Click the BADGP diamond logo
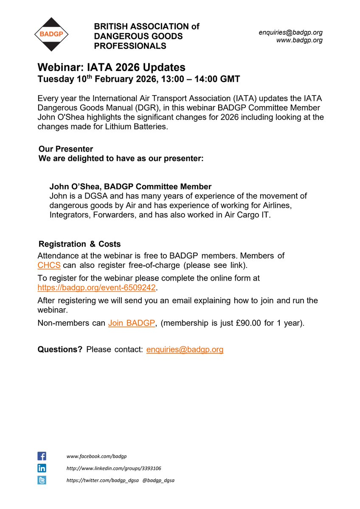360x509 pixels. pos(51,34)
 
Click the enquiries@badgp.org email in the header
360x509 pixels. pos(291,32)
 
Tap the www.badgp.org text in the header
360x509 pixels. pos(299,40)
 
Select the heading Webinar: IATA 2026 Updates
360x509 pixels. pos(111,67)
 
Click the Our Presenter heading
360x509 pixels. pos(65,149)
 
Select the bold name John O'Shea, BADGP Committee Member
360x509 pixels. pos(130,186)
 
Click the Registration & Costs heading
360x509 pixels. pos(79,244)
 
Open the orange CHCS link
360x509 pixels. pos(49,265)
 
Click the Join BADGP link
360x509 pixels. pos(132,323)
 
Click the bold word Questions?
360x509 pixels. pos(60,349)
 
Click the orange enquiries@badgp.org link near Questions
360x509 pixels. pos(185,349)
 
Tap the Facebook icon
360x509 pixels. pos(42,456)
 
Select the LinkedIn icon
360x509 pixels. pos(42,468)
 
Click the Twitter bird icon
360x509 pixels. pos(42,480)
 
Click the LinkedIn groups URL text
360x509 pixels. pos(114,468)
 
